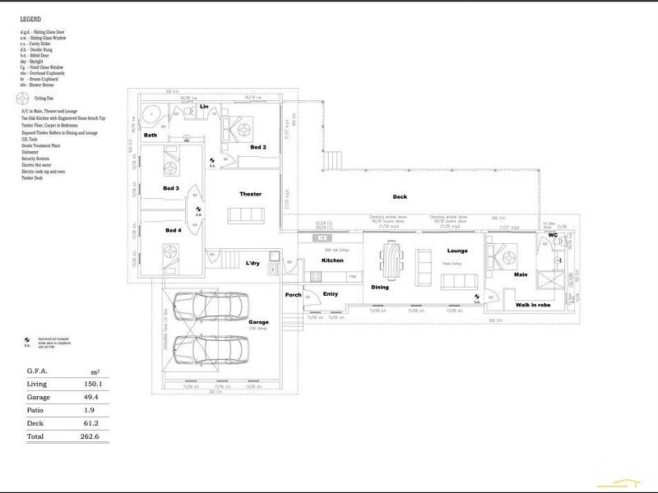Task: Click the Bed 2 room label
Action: (257, 147)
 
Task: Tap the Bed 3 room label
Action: (172, 188)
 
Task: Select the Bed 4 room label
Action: (173, 230)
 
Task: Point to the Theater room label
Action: (250, 194)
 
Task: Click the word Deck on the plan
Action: (400, 196)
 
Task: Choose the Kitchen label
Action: (331, 260)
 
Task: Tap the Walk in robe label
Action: (532, 304)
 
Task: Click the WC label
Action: (553, 235)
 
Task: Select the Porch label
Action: (294, 295)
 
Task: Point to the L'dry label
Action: (253, 263)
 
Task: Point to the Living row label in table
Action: (36, 382)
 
